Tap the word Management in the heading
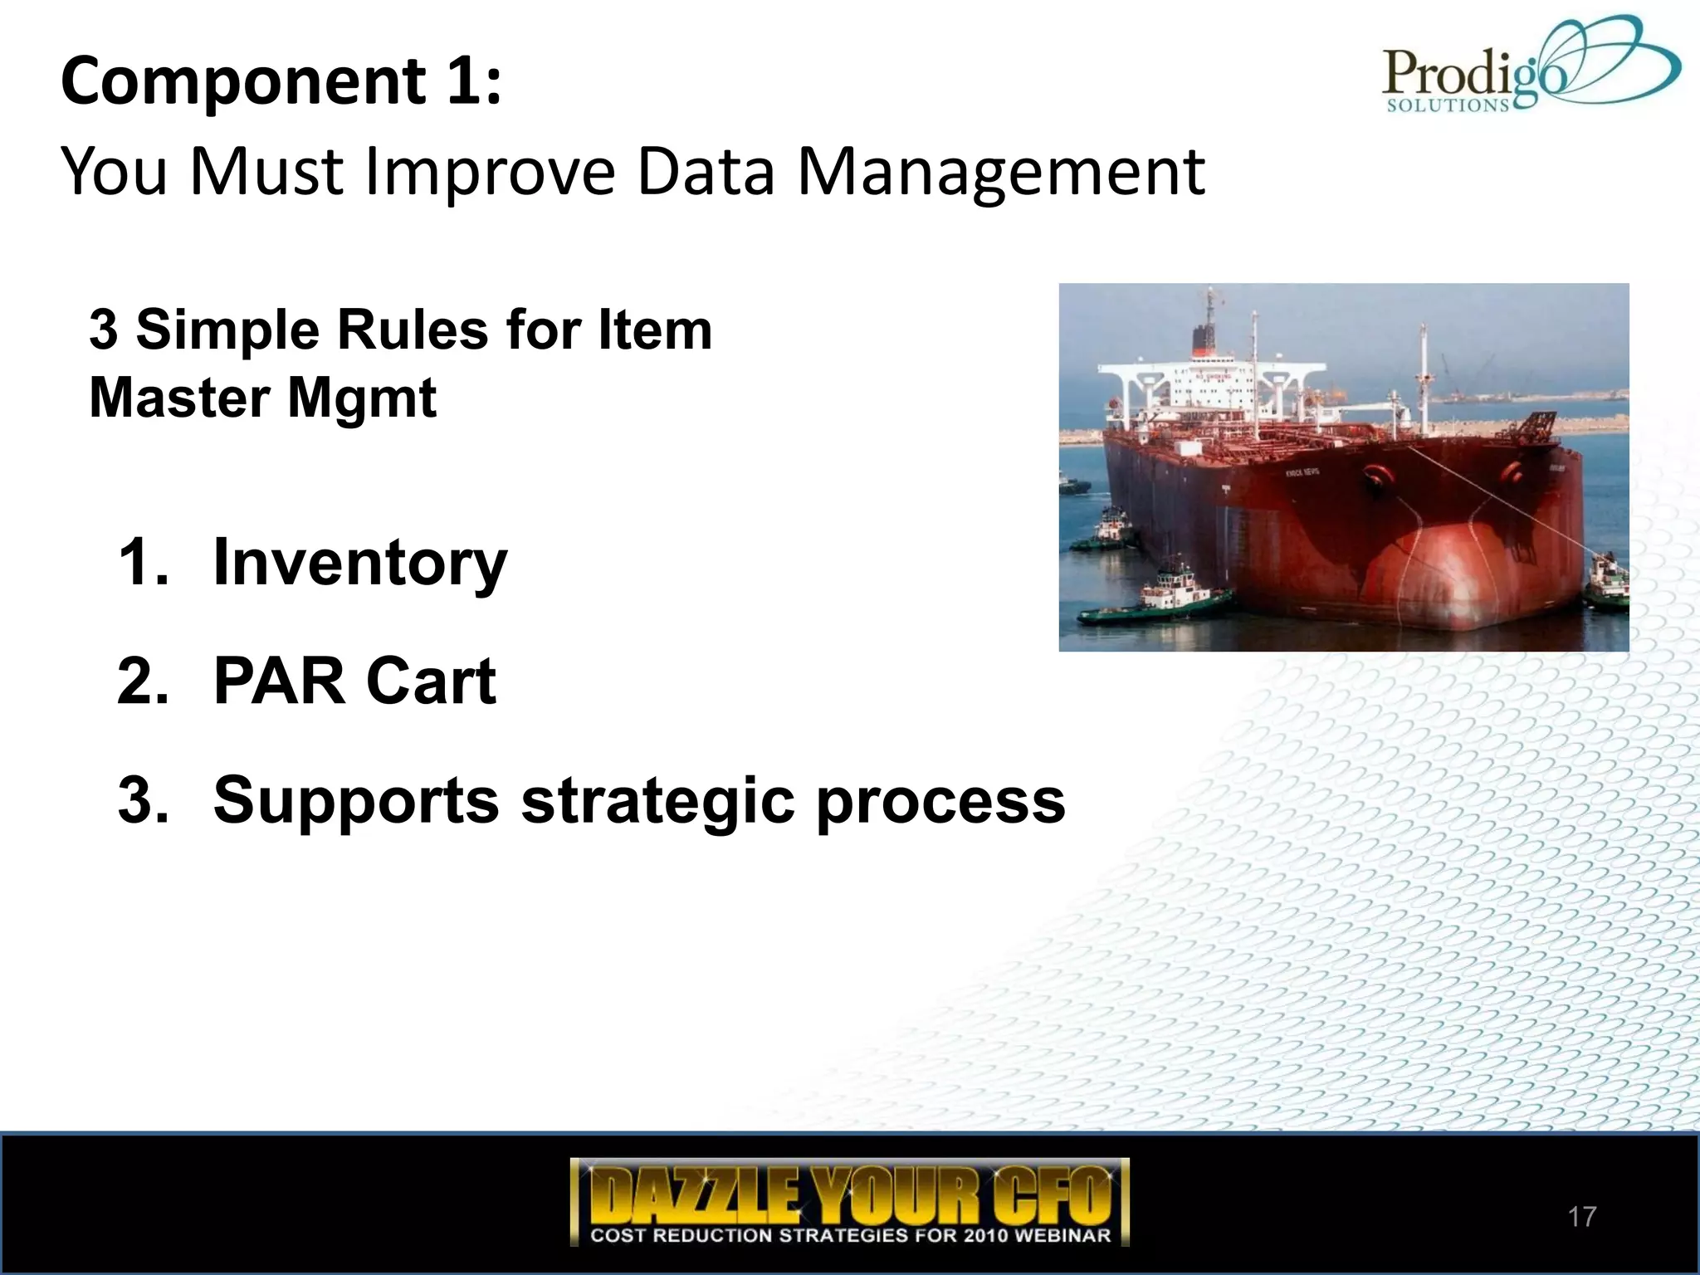[1000, 172]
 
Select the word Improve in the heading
[490, 172]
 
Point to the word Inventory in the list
[359, 563]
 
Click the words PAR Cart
[354, 681]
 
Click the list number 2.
[143, 681]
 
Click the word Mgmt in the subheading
[362, 398]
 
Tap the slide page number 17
[1581, 1217]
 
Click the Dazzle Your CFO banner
[849, 1201]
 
